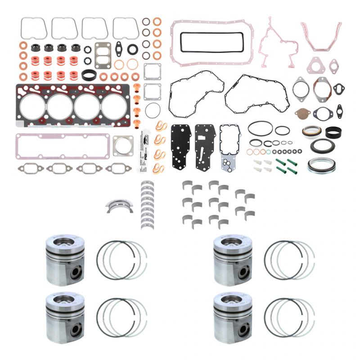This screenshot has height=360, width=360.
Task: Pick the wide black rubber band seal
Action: tap(333, 132)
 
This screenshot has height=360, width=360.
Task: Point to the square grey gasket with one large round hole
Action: tap(122, 145)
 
